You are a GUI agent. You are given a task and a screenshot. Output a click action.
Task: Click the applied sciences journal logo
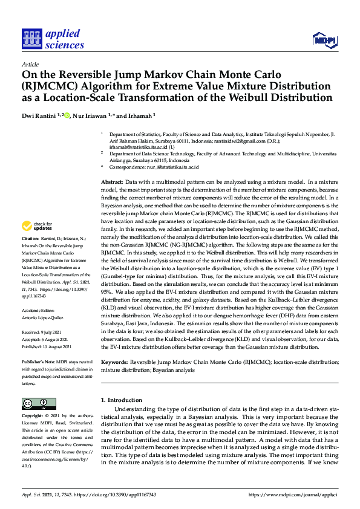(x=53, y=39)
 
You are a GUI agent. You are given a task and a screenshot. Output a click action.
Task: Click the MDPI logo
(x=324, y=40)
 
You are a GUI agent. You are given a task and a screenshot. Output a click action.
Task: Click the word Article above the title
(x=30, y=64)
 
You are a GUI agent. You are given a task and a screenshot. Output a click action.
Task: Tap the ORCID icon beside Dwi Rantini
(x=67, y=115)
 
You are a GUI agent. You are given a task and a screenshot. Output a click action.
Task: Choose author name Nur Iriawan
(x=91, y=115)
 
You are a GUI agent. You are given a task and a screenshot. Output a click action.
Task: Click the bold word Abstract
(x=111, y=181)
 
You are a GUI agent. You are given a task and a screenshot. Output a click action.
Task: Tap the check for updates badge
(x=38, y=227)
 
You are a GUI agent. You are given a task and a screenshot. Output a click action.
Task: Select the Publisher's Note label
(x=38, y=361)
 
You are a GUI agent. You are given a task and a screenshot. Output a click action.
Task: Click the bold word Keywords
(x=114, y=362)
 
